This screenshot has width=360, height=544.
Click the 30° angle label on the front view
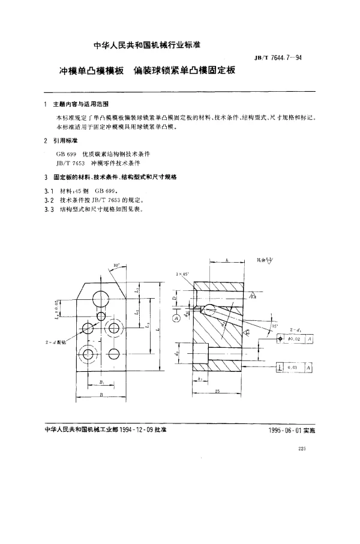tap(116, 265)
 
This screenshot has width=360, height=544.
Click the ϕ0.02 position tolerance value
tap(295, 340)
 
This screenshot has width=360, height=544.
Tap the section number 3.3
tap(49, 209)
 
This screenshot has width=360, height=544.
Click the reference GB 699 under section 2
tap(65, 154)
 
